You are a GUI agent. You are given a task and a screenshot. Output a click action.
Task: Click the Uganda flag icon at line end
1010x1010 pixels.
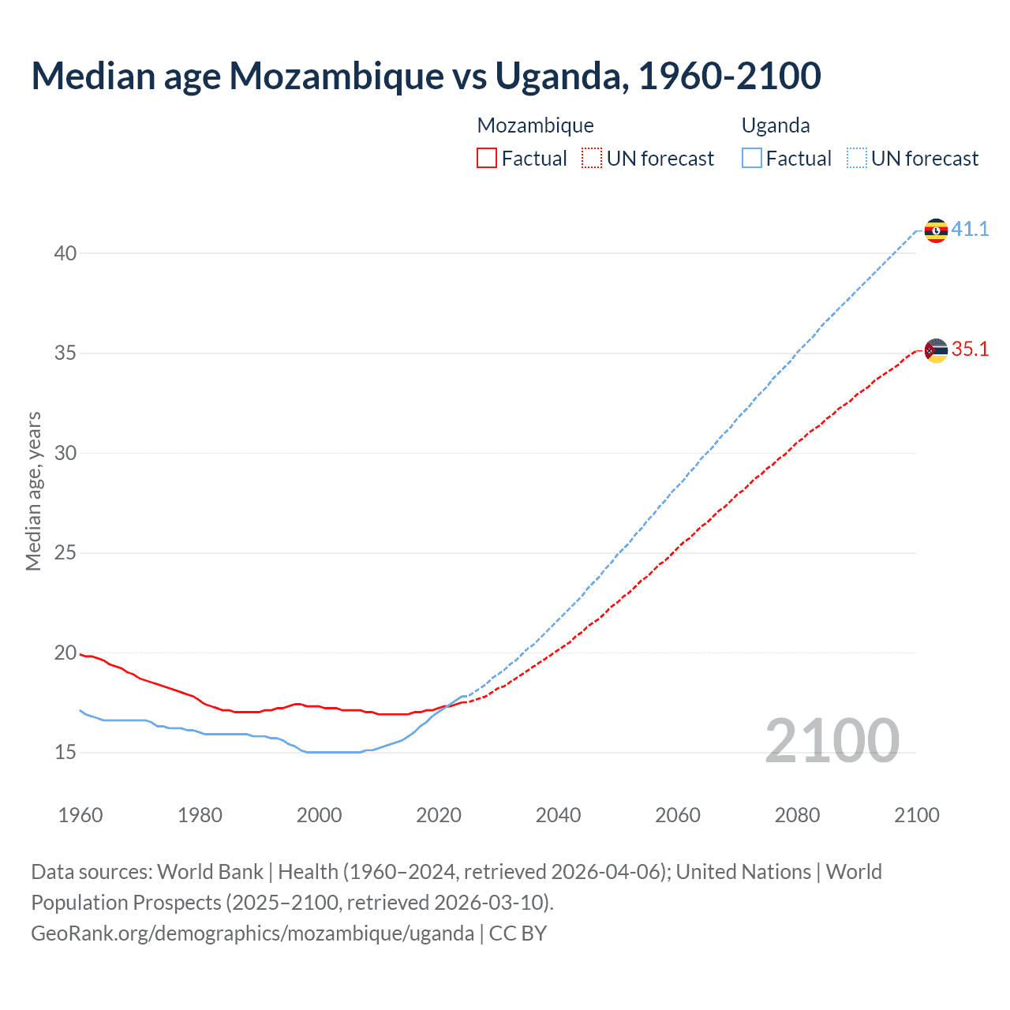[x=936, y=230]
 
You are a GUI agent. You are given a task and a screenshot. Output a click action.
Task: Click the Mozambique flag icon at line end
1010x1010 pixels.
[x=936, y=350]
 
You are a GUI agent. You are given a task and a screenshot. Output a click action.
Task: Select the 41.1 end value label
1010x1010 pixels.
[x=970, y=230]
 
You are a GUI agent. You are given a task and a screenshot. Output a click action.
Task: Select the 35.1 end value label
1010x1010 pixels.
[x=970, y=350]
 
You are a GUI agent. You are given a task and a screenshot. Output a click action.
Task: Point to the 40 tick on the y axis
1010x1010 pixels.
[x=65, y=253]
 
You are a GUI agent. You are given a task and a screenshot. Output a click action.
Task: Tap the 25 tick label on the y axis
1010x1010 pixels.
[x=65, y=553]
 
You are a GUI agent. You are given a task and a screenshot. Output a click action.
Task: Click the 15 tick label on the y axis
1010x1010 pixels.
[x=65, y=753]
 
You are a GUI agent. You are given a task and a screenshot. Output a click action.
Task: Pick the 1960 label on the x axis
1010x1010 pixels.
[x=80, y=815]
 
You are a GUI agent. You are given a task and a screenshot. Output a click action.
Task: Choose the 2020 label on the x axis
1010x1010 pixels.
[x=439, y=815]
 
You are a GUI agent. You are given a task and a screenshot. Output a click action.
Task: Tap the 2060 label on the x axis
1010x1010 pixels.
[x=678, y=815]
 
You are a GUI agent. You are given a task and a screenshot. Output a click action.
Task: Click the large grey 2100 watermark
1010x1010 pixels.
[x=832, y=740]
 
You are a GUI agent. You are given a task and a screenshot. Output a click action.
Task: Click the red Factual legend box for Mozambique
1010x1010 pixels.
[x=487, y=159]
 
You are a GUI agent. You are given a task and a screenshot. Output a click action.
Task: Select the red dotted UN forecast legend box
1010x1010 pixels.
[x=592, y=159]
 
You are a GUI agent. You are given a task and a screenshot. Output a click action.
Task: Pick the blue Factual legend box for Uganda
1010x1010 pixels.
[x=752, y=159]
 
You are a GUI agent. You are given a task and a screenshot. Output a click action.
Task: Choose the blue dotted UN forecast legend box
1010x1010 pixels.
[x=857, y=159]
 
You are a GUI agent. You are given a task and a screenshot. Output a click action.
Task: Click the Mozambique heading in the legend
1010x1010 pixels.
[x=535, y=125]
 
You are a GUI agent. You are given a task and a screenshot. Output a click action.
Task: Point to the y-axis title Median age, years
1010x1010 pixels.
[x=33, y=491]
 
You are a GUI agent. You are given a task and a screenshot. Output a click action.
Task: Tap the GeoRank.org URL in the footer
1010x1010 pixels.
[x=252, y=933]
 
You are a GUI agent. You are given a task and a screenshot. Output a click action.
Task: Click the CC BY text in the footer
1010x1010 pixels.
[x=518, y=933]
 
